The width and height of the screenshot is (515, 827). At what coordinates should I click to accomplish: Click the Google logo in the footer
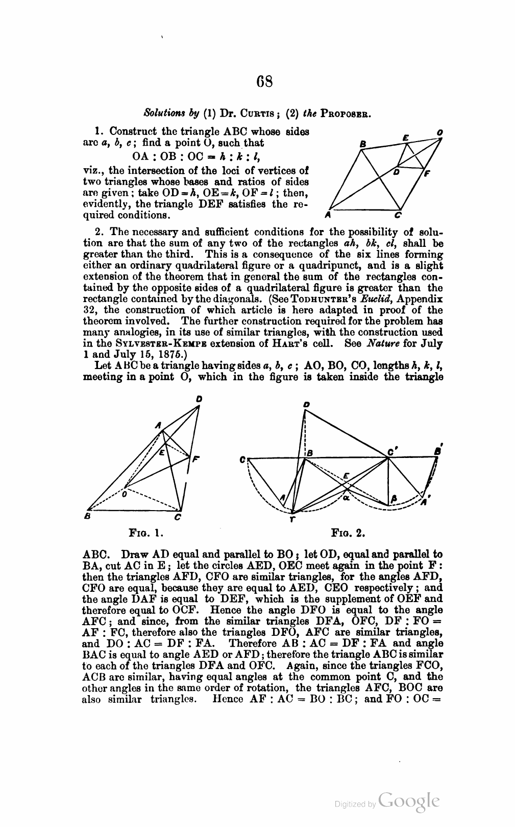coord(410,801)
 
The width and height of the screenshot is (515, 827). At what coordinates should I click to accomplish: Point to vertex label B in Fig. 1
coord(87,517)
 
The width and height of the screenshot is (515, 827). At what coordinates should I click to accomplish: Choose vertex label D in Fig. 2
coord(305,404)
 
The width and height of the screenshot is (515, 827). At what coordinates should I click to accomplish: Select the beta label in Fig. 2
coord(394,498)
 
